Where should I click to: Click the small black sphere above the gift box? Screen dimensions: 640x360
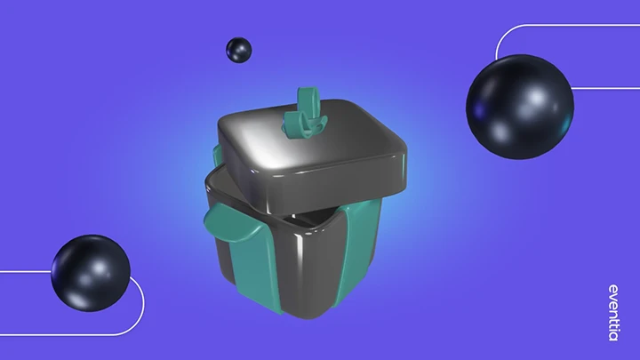(239, 50)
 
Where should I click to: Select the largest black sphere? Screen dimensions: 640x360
(520, 107)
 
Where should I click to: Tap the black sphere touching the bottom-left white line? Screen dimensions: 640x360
(91, 273)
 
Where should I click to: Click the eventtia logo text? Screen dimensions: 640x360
(613, 313)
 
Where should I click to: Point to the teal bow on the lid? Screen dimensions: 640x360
(304, 114)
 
